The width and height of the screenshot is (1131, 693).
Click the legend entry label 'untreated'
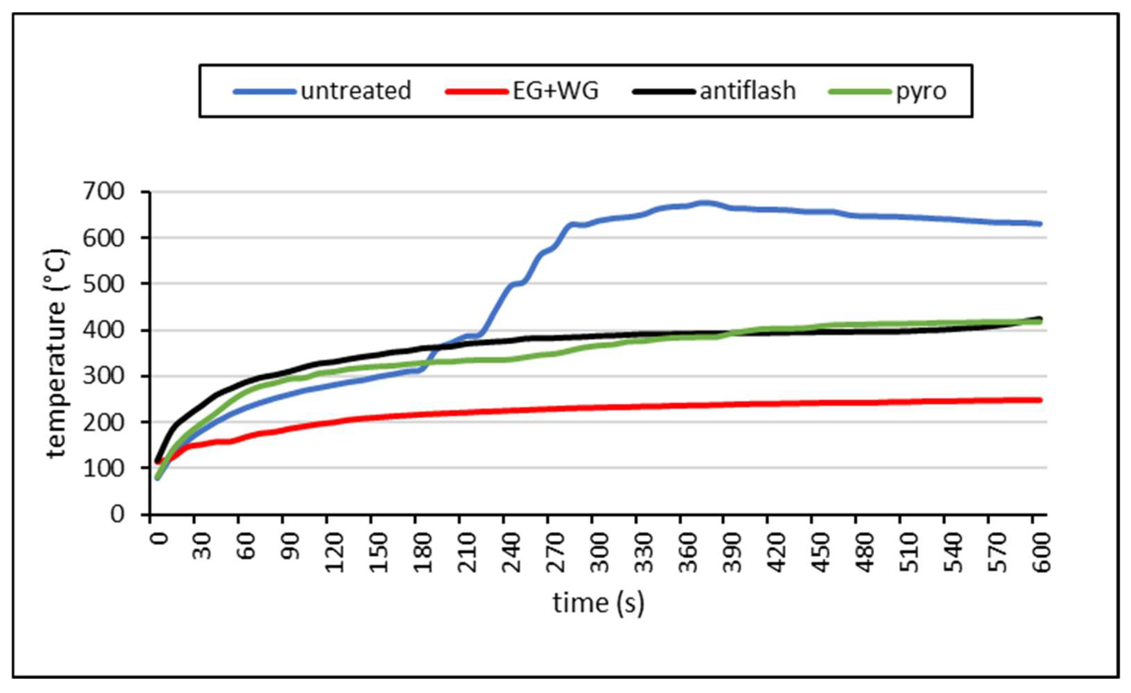pyautogui.click(x=356, y=91)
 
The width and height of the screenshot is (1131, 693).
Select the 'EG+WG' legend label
pyautogui.click(x=555, y=91)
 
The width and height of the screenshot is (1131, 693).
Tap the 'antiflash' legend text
pyautogui.click(x=748, y=91)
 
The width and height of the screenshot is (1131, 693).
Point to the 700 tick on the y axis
pyautogui.click(x=104, y=192)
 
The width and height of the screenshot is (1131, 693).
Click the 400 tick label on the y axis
pyautogui.click(x=104, y=330)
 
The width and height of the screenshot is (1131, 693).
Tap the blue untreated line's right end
pyautogui.click(x=1040, y=224)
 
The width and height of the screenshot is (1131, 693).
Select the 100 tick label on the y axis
pyautogui.click(x=104, y=468)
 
